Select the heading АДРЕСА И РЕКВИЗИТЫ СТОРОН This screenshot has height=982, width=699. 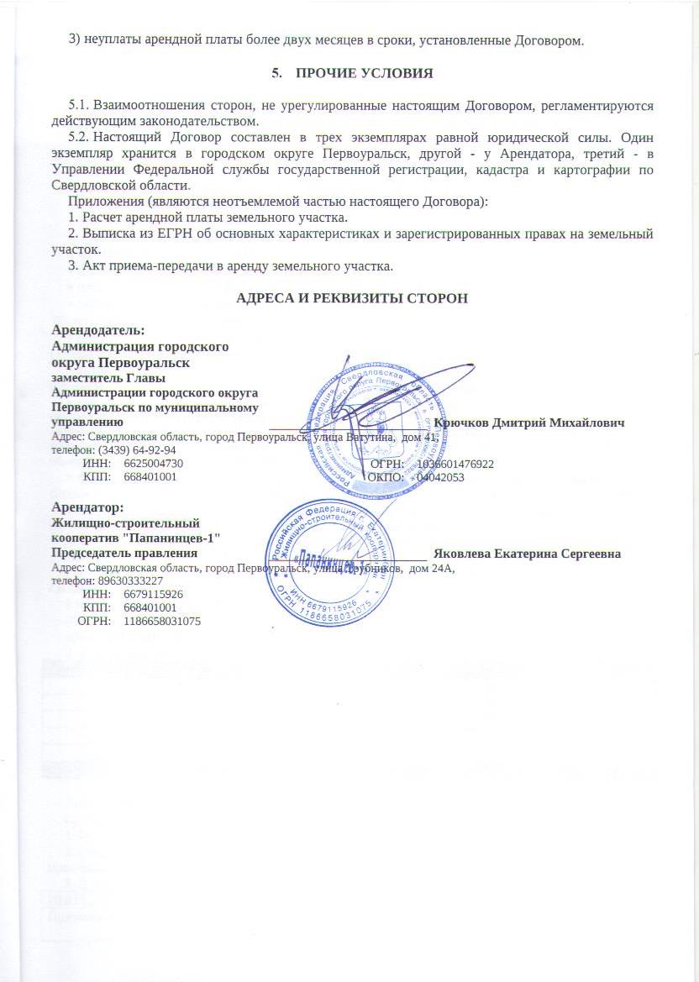pos(352,298)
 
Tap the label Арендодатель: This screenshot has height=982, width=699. pos(98,330)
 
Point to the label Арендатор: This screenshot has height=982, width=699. pos(88,507)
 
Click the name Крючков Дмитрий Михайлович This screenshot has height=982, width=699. pos(529,423)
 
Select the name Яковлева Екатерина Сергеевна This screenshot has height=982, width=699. pos(527,554)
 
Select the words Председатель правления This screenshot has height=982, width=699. pos(124,553)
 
